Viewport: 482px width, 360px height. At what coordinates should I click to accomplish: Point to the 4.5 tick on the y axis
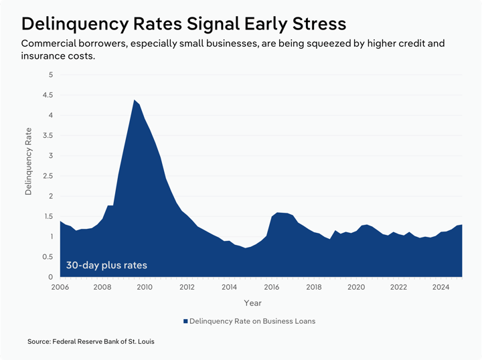coord(48,94)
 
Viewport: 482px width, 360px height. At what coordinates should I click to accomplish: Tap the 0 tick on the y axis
coord(50,277)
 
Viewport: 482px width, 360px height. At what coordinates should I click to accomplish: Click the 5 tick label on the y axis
coord(50,74)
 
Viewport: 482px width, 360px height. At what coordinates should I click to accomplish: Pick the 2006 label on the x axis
coord(60,288)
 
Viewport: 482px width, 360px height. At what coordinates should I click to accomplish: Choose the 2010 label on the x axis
coord(145,288)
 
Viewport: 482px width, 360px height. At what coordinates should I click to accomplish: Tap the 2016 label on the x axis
coord(272,288)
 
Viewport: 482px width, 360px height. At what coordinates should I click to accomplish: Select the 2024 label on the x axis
coord(440,288)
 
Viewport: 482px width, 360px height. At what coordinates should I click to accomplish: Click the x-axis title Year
coord(253,303)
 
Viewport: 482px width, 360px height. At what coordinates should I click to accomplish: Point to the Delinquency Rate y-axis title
coord(29,163)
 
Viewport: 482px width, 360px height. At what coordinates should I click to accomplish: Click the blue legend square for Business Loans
coord(185,321)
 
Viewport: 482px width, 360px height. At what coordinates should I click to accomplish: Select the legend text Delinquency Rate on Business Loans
coord(252,321)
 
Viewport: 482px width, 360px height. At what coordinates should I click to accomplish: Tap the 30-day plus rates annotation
coord(106,265)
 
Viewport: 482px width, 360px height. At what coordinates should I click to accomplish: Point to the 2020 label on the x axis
coord(356,288)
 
